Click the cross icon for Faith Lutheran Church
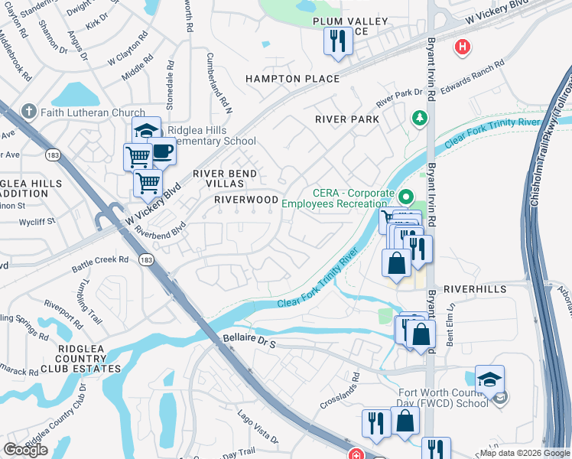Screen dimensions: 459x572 tap(29, 112)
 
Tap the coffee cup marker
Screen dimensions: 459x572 tap(161, 151)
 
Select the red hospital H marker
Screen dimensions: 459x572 tap(462, 47)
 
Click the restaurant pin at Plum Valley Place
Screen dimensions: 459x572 tap(337, 41)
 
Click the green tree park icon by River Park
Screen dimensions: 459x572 tap(418, 118)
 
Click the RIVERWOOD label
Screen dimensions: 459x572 tap(246, 199)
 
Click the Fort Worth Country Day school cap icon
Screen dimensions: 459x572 tap(489, 379)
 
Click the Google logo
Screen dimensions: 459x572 tap(26, 449)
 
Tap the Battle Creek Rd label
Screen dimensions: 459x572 tap(100, 264)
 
